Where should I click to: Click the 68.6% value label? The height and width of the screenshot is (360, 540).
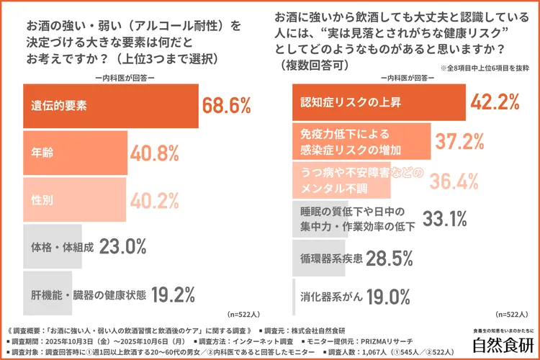tap(226, 106)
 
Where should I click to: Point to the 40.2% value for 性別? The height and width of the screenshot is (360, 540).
tap(154, 200)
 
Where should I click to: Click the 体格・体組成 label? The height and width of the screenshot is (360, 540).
tap(63, 246)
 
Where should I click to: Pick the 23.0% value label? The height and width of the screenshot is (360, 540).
tap(123, 246)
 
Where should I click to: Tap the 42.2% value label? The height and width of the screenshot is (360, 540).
tap(495, 102)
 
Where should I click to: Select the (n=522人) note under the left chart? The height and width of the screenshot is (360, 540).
tap(246, 315)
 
